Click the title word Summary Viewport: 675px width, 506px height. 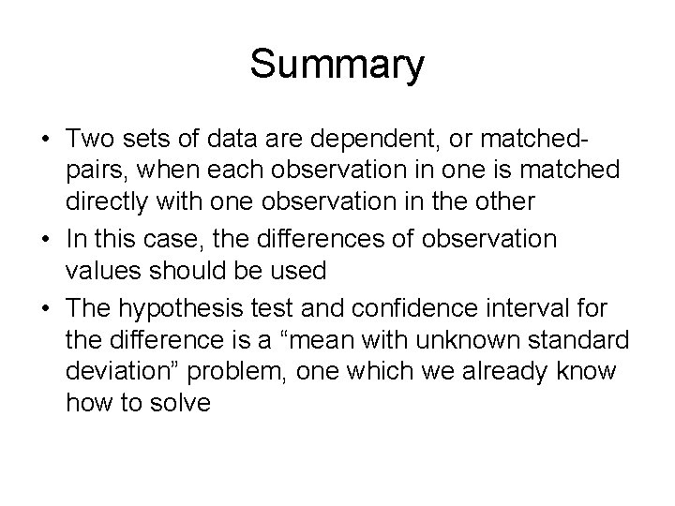pyautogui.click(x=337, y=67)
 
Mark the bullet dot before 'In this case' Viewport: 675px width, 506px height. pyautogui.click(x=47, y=240)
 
